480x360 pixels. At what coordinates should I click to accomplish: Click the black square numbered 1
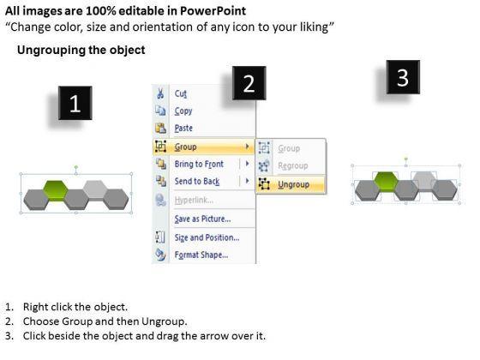point(75,103)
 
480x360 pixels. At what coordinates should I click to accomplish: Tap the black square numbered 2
point(249,83)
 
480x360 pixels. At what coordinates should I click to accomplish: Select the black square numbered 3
point(403,77)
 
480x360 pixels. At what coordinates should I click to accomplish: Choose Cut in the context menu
point(181,93)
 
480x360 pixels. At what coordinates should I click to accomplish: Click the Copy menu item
point(183,111)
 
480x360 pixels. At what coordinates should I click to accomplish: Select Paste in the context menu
point(183,128)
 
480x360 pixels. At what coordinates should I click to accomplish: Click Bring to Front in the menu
point(199,164)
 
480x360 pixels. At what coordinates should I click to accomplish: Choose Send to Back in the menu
point(197,181)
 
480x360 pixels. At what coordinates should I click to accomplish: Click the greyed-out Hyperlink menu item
point(194,201)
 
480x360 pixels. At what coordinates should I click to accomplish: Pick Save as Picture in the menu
point(202,219)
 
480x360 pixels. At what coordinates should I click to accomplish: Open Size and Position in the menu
point(207,237)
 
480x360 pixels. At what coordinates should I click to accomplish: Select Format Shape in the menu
point(201,255)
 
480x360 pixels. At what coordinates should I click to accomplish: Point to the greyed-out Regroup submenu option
point(292,165)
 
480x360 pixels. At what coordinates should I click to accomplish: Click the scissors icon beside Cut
point(160,93)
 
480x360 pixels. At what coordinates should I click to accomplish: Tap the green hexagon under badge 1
point(56,190)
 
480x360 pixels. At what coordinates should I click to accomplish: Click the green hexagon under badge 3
point(386,182)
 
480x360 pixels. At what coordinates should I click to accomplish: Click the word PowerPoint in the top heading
point(213,11)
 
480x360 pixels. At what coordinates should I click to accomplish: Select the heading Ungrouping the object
point(81,50)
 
